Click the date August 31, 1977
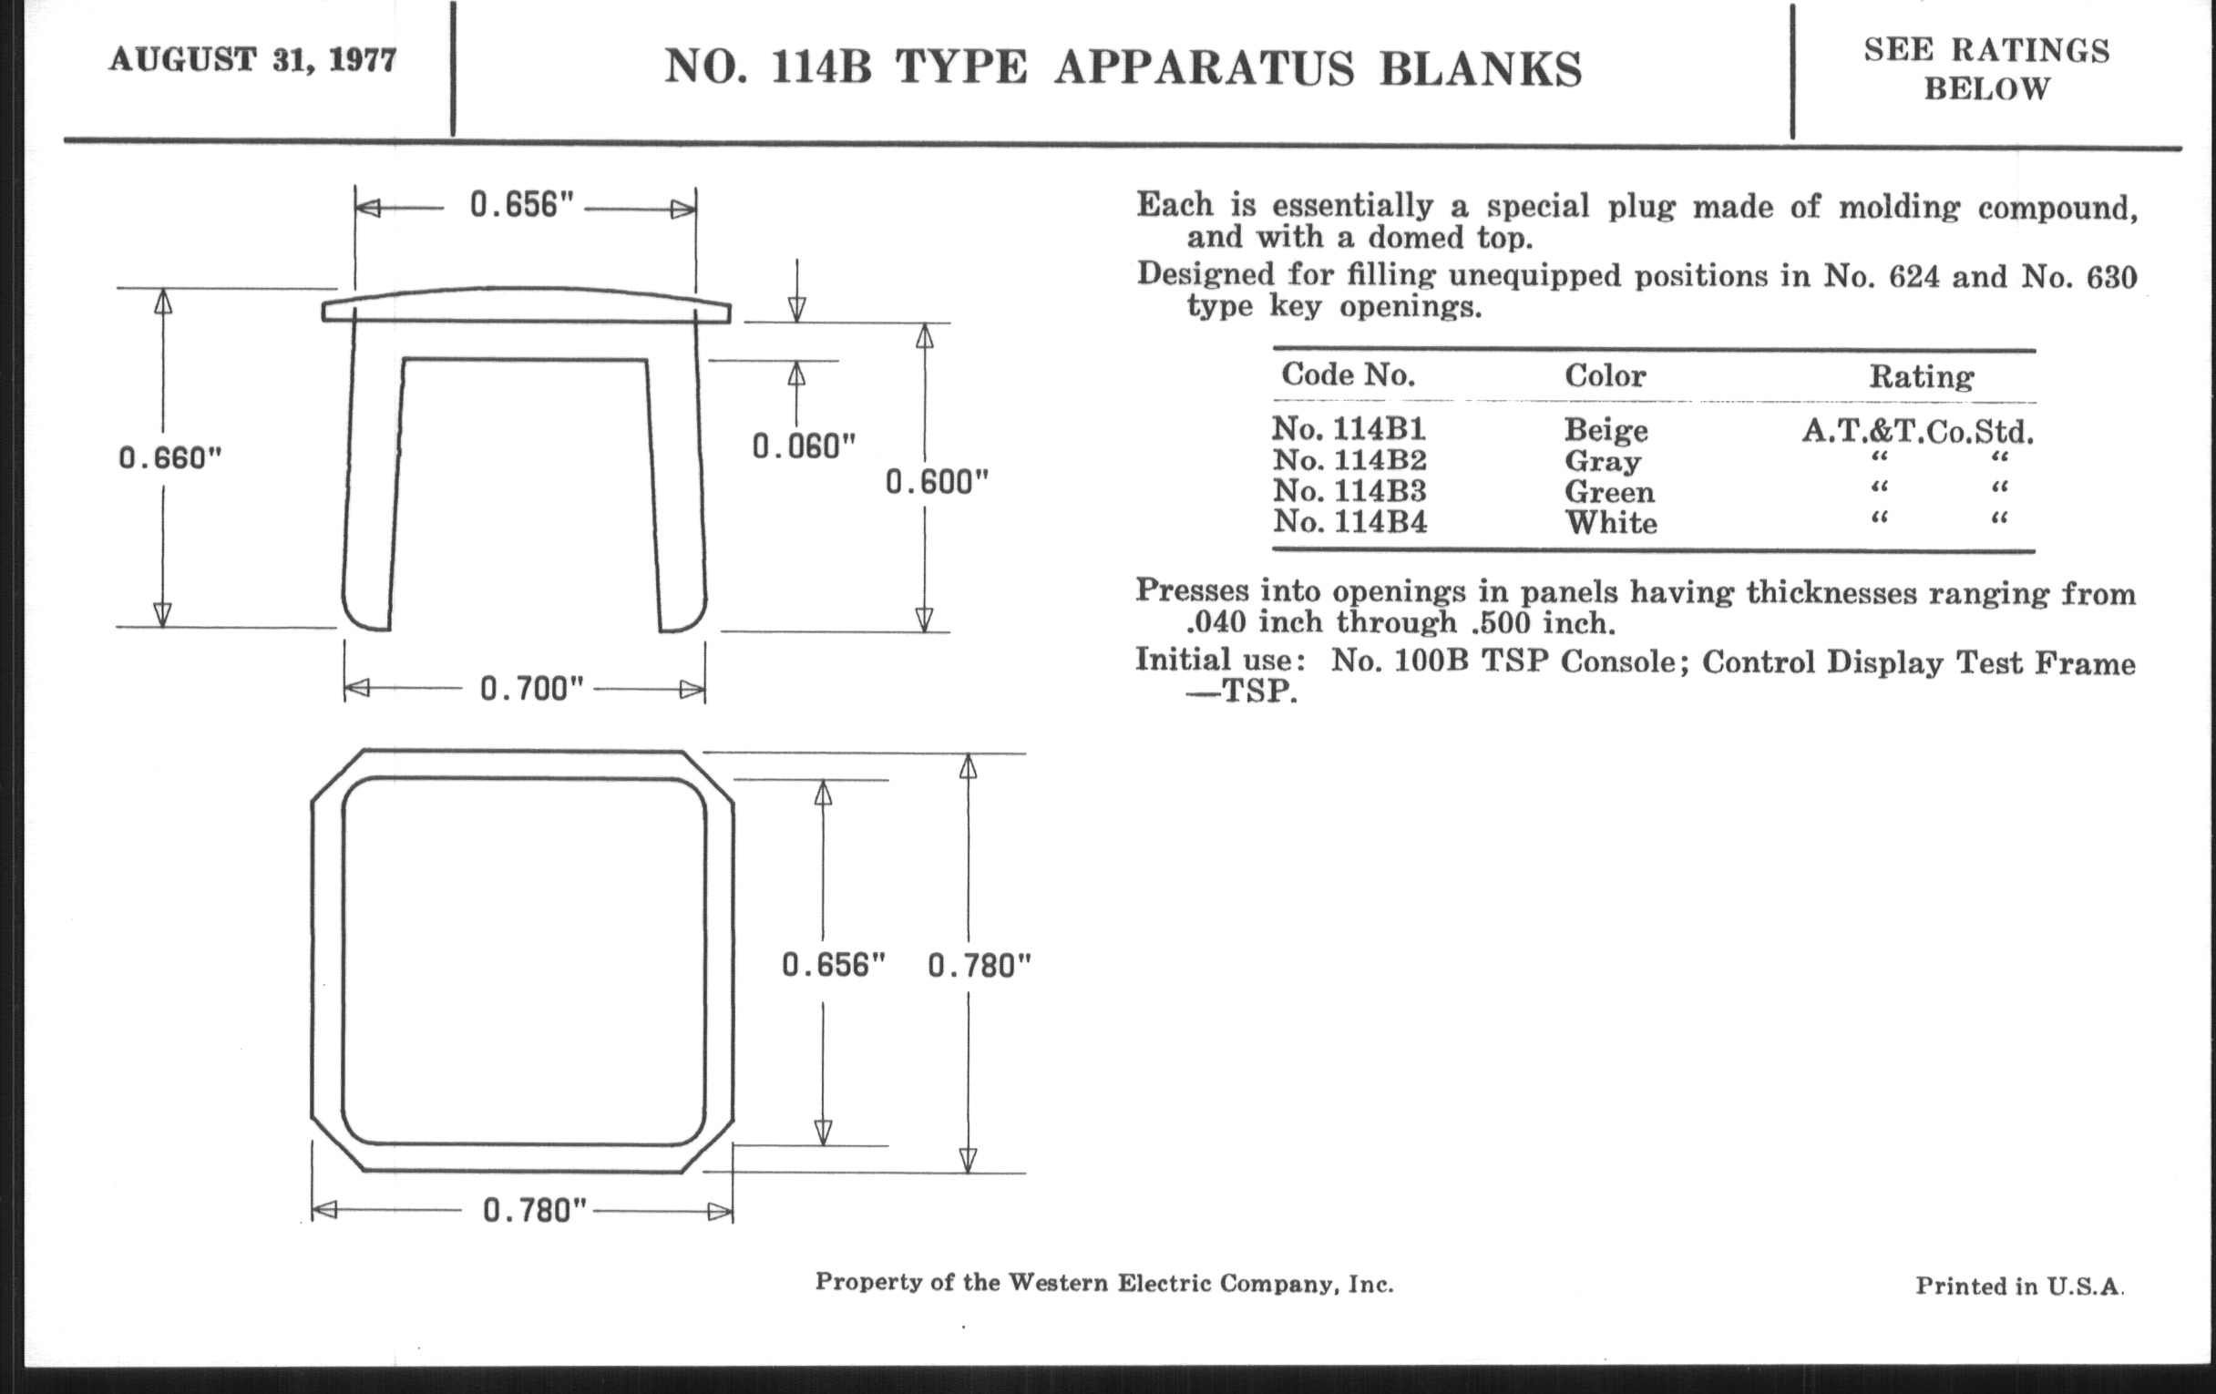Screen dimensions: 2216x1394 point(253,60)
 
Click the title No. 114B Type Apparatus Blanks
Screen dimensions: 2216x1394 point(1123,67)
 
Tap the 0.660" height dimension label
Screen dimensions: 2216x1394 point(171,457)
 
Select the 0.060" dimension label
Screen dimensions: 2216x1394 point(805,447)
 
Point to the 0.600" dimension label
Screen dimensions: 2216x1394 point(937,482)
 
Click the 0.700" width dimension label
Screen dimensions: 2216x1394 point(532,688)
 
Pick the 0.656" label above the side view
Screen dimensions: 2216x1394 point(522,204)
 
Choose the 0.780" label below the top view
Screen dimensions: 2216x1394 point(535,1210)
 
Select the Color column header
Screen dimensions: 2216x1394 point(1605,374)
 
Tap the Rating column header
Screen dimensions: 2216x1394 point(1921,376)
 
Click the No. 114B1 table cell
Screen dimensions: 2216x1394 point(1349,429)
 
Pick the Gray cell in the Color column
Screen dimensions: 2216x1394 point(1602,461)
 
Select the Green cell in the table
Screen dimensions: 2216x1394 point(1609,491)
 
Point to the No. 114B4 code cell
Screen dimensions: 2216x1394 point(1350,522)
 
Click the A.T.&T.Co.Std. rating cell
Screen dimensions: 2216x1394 point(1918,431)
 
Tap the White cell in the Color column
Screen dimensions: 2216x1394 point(1611,523)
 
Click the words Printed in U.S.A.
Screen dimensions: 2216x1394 point(2020,1286)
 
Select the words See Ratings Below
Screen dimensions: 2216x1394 point(1987,69)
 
